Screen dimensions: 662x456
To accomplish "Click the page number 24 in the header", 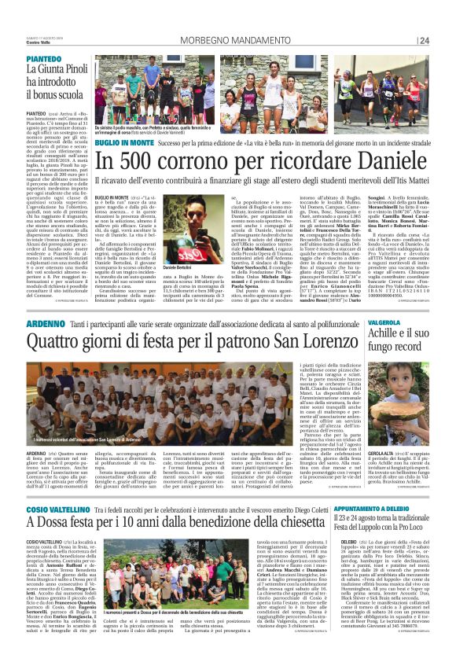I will point(425,41).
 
